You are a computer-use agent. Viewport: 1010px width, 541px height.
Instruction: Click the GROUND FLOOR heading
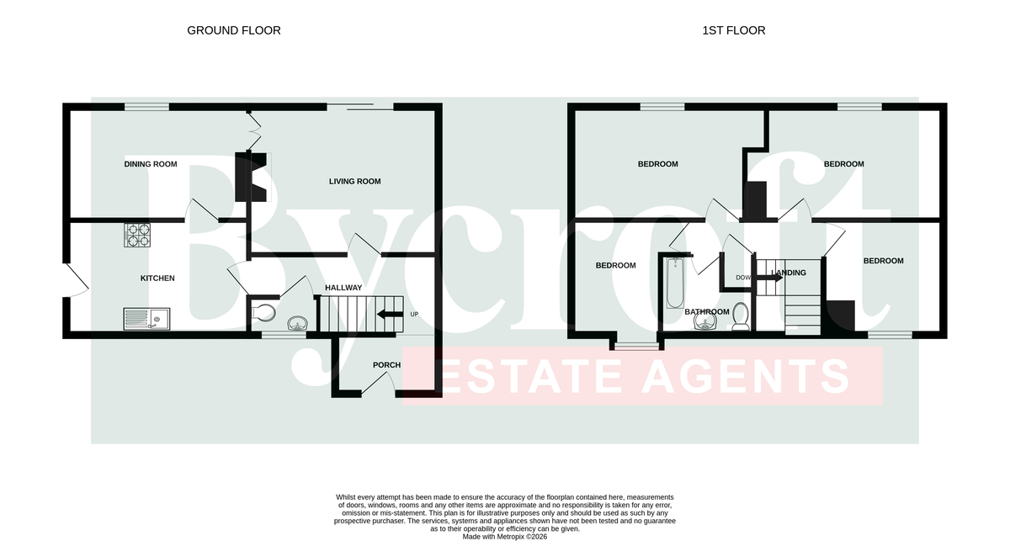[x=234, y=30]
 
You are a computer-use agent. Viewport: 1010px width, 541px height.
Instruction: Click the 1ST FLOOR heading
[x=734, y=30]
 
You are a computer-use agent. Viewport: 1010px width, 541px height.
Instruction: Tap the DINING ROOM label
[x=151, y=164]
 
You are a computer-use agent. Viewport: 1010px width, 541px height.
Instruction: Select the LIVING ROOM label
[x=355, y=181]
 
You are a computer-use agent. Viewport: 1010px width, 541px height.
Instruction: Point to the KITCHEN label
[x=157, y=278]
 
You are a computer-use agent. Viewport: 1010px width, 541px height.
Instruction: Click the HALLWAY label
[x=343, y=288]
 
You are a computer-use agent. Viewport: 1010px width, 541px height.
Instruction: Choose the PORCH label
[x=386, y=364]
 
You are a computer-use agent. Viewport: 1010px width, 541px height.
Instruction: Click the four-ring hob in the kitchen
[x=137, y=235]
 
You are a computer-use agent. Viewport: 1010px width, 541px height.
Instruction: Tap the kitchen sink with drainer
[x=146, y=319]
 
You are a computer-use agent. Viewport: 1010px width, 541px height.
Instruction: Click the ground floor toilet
[x=263, y=312]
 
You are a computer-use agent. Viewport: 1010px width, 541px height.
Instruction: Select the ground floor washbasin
[x=298, y=323]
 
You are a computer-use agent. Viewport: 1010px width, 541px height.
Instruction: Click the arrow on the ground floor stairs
[x=390, y=314]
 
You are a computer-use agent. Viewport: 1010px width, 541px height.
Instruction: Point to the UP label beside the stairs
[x=414, y=314]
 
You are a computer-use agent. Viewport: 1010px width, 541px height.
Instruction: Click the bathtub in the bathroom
[x=675, y=283]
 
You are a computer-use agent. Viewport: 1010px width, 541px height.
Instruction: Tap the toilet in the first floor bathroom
[x=741, y=316]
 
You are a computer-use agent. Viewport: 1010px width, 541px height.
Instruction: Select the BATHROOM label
[x=706, y=312]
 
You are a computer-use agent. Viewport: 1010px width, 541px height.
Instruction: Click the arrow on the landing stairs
[x=769, y=278]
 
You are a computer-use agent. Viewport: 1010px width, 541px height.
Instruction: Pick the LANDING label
[x=789, y=273]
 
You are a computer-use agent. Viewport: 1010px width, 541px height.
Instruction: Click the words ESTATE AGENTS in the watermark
[x=644, y=376]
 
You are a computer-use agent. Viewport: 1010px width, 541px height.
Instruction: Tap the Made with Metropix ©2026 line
[x=504, y=537]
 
